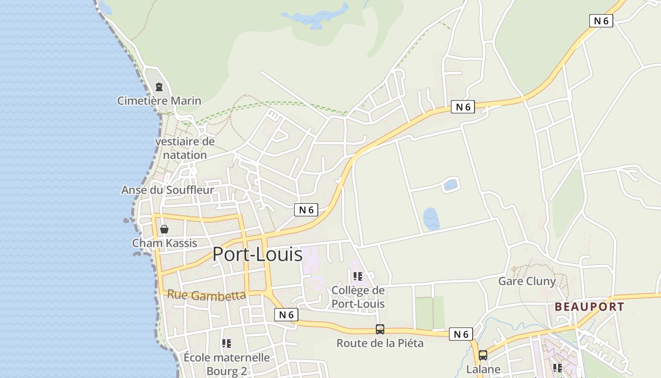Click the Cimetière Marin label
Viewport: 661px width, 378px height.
(159, 101)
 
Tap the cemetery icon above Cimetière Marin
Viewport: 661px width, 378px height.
(159, 87)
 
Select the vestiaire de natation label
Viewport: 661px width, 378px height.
(185, 148)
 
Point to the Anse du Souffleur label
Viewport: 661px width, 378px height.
(168, 190)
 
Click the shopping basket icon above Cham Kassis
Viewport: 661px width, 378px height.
(164, 230)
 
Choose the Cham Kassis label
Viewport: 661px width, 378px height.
(164, 243)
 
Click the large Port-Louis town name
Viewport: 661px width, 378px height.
(257, 254)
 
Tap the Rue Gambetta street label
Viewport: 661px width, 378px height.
(206, 295)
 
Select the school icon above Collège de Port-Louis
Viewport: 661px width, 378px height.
(358, 276)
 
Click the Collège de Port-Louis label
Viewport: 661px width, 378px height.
(358, 297)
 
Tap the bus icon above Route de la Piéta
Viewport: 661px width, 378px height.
(380, 329)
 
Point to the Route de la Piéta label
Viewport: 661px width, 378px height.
(380, 343)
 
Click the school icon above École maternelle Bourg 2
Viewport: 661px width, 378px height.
(227, 344)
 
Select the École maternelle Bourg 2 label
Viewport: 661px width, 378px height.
(227, 364)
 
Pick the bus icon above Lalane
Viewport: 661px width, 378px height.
(483, 355)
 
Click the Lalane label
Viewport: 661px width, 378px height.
(483, 369)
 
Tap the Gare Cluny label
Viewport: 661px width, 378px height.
(527, 281)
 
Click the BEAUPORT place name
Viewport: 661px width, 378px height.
(589, 307)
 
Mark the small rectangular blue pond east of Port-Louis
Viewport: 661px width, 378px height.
(451, 184)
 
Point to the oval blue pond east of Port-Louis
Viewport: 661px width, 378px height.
(431, 219)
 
